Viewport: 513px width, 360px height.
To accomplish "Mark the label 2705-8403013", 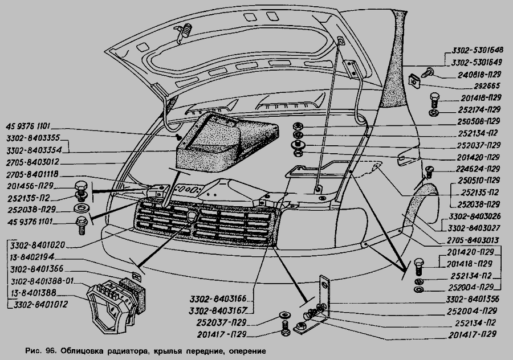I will (469, 240).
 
